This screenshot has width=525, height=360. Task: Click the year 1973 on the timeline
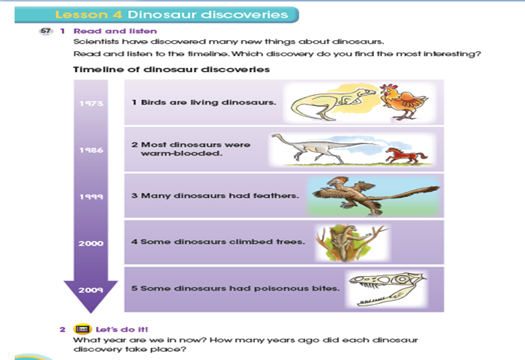(x=91, y=103)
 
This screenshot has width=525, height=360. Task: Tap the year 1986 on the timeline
(x=91, y=150)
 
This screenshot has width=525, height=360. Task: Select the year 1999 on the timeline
(x=91, y=196)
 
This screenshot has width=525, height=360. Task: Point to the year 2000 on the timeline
(x=91, y=242)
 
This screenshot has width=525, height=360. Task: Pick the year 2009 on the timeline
(x=91, y=289)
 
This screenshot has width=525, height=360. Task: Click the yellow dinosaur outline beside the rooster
(x=325, y=103)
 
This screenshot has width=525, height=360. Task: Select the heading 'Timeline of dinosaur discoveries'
(x=172, y=70)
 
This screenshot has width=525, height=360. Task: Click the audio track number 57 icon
(x=47, y=31)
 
